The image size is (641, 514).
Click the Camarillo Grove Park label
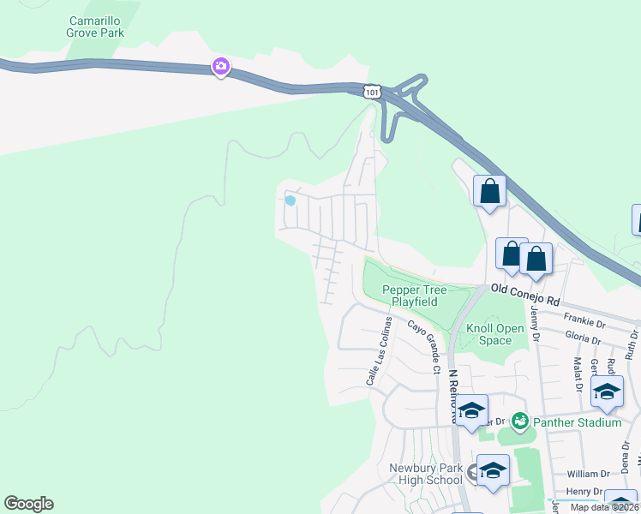click(95, 26)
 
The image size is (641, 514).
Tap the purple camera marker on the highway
click(220, 66)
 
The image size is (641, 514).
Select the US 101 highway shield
click(371, 91)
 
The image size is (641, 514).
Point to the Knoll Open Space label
click(494, 334)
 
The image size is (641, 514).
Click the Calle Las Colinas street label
click(380, 350)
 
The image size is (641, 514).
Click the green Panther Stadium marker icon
click(518, 421)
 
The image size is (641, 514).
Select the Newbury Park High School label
click(426, 474)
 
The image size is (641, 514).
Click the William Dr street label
click(588, 473)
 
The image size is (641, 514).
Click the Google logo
click(28, 504)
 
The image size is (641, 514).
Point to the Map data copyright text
click(605, 507)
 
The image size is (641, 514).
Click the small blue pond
click(290, 201)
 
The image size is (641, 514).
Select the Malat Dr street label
click(578, 375)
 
